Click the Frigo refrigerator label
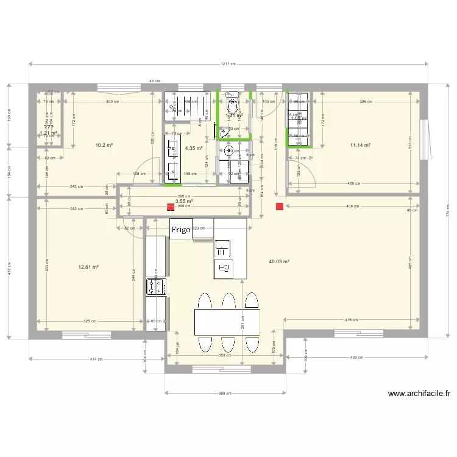point(181,229)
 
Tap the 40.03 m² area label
point(278,261)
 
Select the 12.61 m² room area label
point(89,267)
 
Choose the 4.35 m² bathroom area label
point(194,148)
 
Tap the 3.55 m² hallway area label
point(184,200)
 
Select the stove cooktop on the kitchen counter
point(152,286)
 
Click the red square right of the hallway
point(279,207)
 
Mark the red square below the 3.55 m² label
point(170,207)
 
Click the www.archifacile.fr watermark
point(419,394)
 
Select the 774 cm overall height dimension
point(447,213)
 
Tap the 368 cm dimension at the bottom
point(225,394)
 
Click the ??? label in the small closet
point(49,127)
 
